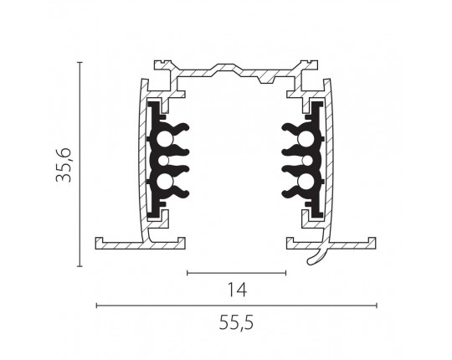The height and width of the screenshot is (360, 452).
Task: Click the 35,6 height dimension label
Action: pos(64,165)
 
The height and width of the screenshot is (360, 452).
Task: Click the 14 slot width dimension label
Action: pos(237,290)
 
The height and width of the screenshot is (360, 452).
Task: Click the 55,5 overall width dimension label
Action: pos(236,322)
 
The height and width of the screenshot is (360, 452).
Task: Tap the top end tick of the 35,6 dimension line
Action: pos(80,62)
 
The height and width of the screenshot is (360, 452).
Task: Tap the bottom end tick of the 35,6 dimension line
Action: pos(80,266)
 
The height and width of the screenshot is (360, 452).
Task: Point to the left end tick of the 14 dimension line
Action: pos(187,273)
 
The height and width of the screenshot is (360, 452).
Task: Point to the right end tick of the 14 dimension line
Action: pos(285,273)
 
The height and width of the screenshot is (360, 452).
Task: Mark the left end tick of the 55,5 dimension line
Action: pos(96,306)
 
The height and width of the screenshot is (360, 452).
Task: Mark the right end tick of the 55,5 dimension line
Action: pos(377,306)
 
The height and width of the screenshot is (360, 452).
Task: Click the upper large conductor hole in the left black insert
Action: pos(165,140)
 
